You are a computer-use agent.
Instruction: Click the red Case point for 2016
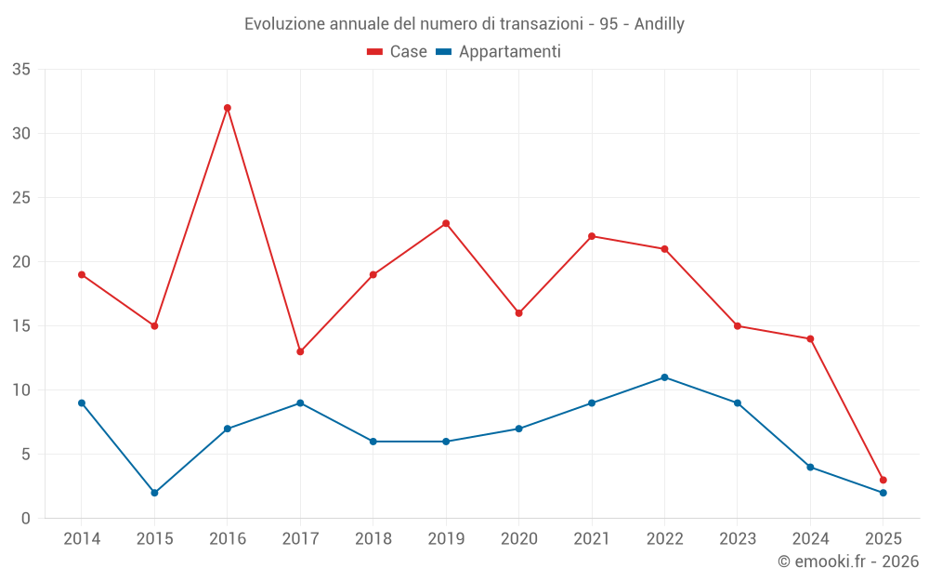click(x=227, y=108)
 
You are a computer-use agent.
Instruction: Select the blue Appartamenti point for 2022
click(x=664, y=377)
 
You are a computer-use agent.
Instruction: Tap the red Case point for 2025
click(x=883, y=480)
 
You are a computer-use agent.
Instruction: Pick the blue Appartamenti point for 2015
click(x=154, y=493)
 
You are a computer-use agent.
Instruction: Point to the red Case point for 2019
click(x=446, y=223)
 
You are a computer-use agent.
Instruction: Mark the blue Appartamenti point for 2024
click(x=810, y=467)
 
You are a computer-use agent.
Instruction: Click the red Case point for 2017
click(x=300, y=351)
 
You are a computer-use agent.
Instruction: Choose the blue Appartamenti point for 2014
click(x=82, y=403)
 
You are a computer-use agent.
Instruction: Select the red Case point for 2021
click(x=592, y=236)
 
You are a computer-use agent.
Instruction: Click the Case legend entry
click(x=397, y=52)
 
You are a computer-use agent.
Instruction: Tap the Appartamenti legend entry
click(x=499, y=52)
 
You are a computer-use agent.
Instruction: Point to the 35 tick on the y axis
click(x=21, y=70)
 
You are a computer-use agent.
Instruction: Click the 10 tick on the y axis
click(x=21, y=390)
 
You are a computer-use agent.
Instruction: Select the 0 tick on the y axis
click(x=26, y=519)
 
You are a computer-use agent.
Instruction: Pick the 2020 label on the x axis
click(x=518, y=539)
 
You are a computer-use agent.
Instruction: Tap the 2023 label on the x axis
click(x=737, y=539)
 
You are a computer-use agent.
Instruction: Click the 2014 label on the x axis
click(x=82, y=539)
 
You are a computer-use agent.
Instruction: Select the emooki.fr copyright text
click(x=847, y=561)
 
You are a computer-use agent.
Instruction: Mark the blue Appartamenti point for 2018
click(x=373, y=442)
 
